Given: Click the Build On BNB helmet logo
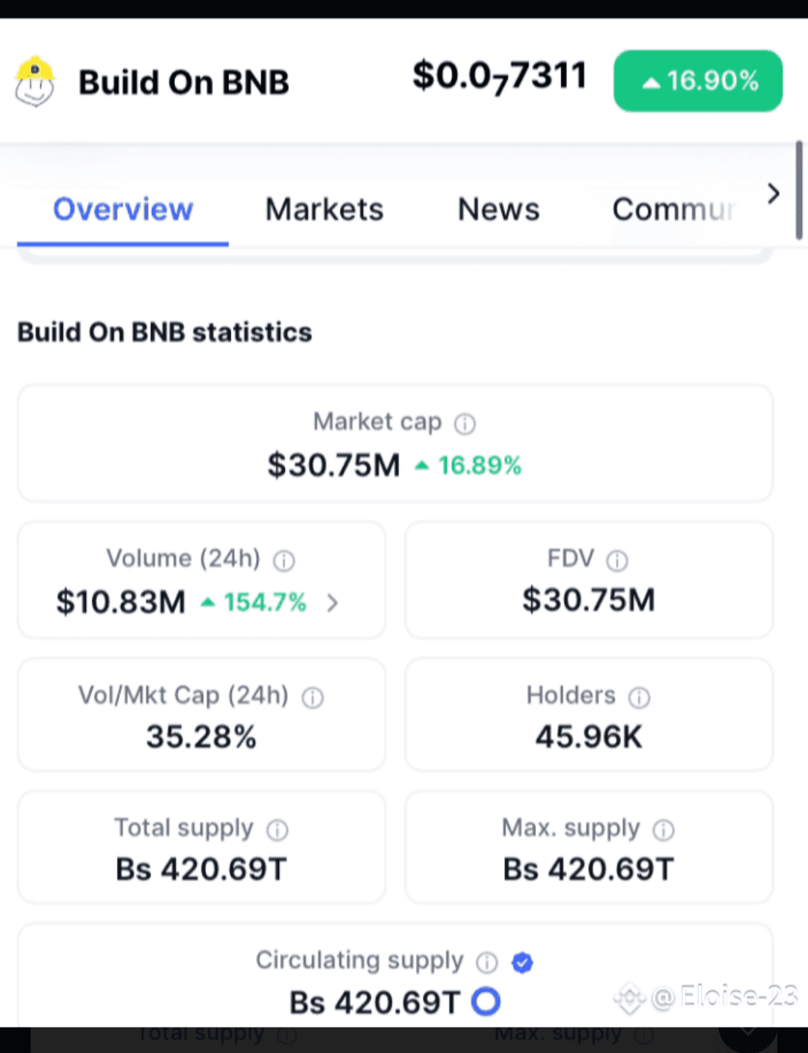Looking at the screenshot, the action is coord(34,82).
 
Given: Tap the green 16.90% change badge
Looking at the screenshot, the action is coord(698,81).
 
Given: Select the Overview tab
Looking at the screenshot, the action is coord(123,210).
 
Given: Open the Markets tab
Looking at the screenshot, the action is coord(325,210).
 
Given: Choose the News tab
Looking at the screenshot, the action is coord(498,210).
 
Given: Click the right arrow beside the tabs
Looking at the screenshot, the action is coord(774,194).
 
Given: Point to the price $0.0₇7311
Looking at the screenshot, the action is coord(500,76).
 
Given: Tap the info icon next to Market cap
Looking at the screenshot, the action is coord(465,424).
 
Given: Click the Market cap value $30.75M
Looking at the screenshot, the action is coord(334,465).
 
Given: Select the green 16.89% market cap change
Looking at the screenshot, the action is coord(468,466).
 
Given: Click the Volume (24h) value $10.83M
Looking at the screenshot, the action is coord(120,602).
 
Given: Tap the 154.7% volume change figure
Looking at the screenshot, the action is coord(254,602).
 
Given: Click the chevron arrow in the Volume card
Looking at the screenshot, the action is coord(332,602).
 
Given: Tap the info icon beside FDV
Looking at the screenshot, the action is coord(617,561).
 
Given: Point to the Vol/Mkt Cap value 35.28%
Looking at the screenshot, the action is coord(201,736).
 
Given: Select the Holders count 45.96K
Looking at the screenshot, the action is coord(589,736).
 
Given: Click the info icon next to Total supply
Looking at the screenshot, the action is coord(278,830).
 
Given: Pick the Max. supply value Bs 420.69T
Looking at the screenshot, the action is coord(588,869).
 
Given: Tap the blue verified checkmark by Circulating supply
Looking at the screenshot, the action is coord(522,962).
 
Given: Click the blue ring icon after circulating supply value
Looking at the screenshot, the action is coord(486,1001).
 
